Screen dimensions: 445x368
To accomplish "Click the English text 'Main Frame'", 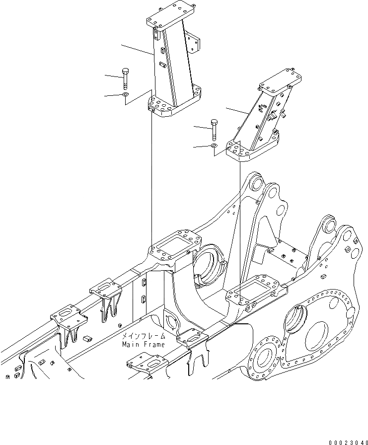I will [x=143, y=344].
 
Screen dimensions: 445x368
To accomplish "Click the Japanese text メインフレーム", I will [x=143, y=336].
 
